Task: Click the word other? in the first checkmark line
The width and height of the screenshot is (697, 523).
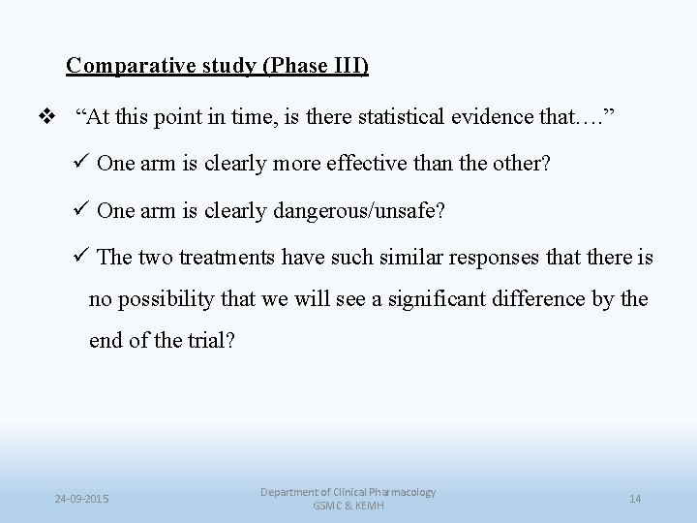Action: [x=523, y=164]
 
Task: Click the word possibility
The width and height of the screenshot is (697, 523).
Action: [x=161, y=299]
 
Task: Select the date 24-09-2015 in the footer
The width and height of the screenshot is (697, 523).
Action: [x=81, y=499]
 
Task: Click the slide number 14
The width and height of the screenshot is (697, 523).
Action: [x=635, y=499]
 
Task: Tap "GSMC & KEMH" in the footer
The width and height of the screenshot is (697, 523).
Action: [x=348, y=506]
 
